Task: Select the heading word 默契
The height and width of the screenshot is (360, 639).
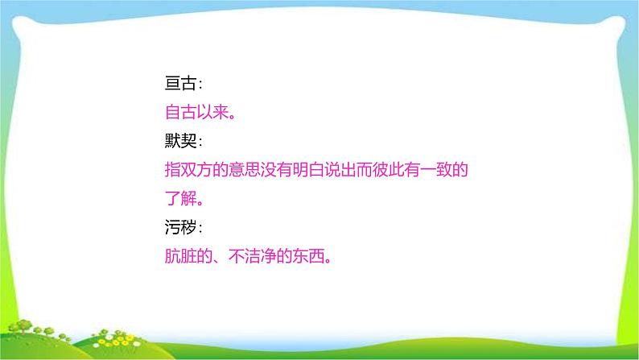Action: (179, 141)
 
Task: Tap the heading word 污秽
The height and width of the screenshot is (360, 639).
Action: (179, 229)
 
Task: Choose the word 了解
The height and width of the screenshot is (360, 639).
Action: (179, 198)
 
